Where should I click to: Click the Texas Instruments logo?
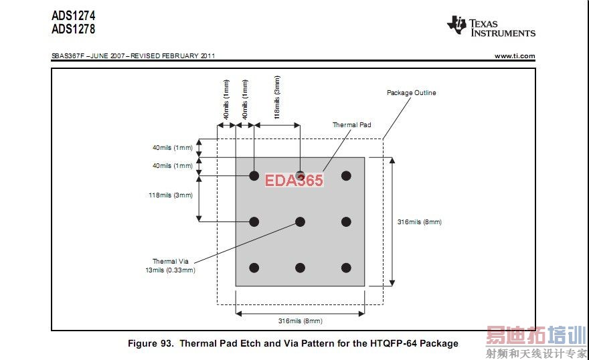[x=491, y=26]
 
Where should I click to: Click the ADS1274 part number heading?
[x=74, y=16]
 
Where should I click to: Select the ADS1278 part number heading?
[x=74, y=29]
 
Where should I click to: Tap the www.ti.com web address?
[x=515, y=56]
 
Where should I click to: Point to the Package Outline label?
[x=412, y=93]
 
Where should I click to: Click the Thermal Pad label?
[x=351, y=124]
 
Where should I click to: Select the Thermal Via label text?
[x=171, y=261]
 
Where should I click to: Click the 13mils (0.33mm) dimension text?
[x=171, y=270]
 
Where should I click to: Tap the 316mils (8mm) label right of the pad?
[x=420, y=222]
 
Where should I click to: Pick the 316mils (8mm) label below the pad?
[x=300, y=321]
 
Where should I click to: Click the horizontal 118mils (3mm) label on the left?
[x=171, y=195]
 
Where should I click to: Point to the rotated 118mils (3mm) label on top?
[x=277, y=97]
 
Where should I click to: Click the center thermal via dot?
[x=300, y=222]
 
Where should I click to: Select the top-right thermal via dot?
[x=346, y=176]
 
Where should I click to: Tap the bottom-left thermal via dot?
[x=254, y=268]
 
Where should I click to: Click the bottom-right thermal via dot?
[x=346, y=268]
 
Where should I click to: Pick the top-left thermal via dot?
[x=254, y=176]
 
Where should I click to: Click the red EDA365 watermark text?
[x=294, y=180]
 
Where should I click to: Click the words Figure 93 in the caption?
[x=151, y=343]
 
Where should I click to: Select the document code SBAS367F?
[x=68, y=56]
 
